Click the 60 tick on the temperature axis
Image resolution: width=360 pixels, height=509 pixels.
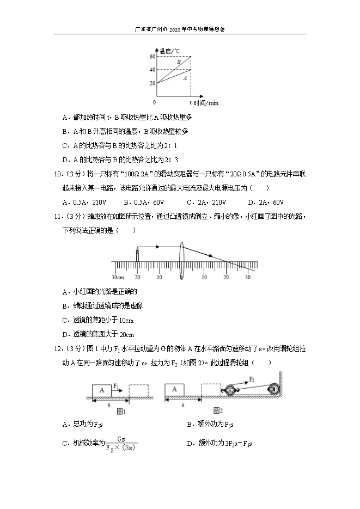tap(152, 57)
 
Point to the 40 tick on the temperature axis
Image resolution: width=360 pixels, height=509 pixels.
tap(152, 70)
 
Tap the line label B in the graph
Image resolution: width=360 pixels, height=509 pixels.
tap(178, 63)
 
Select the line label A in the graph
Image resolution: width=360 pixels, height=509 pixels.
tap(185, 78)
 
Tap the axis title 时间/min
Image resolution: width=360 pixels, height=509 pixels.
tap(206, 102)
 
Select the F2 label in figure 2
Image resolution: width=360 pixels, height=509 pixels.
tap(252, 378)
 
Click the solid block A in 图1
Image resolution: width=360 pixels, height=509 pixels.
tap(101, 390)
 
